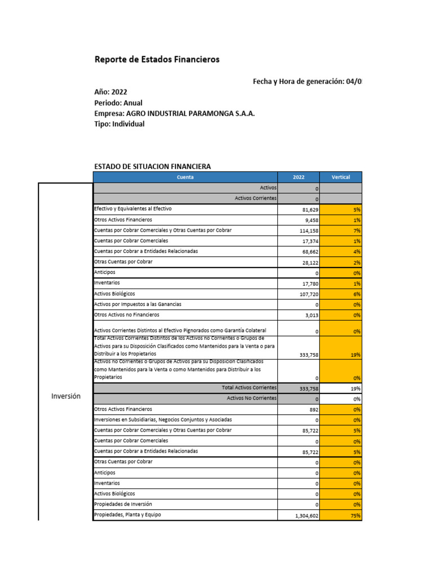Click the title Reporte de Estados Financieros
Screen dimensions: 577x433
click(157, 59)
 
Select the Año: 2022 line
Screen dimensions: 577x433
click(112, 92)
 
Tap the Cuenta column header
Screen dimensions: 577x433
click(185, 177)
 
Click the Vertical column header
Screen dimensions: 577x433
click(341, 177)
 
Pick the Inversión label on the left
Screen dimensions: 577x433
click(66, 396)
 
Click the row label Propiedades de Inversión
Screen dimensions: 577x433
click(123, 504)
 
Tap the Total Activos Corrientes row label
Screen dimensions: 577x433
click(249, 388)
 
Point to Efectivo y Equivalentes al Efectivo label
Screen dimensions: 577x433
click(133, 209)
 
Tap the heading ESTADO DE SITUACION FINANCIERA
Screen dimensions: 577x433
click(152, 166)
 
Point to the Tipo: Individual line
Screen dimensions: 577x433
click(119, 124)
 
